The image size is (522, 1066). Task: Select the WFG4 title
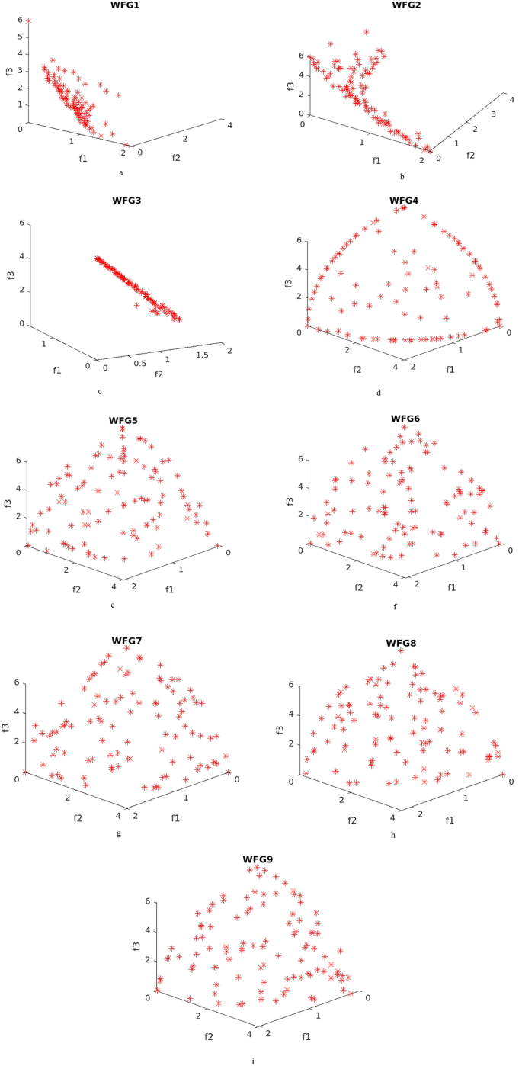pos(404,201)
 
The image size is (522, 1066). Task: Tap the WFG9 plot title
pos(258,859)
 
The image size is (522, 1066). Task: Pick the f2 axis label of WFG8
pos(353,820)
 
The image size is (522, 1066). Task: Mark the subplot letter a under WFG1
pos(120,172)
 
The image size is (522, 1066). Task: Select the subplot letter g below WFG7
pos(120,833)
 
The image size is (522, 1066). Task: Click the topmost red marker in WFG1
pos(28,21)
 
